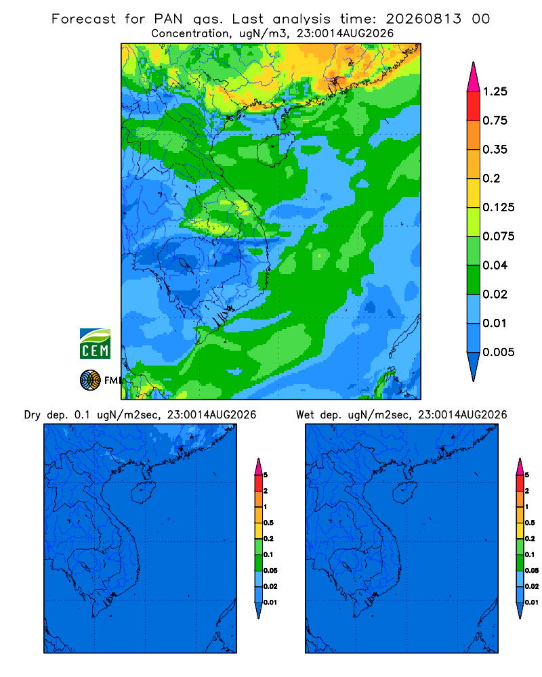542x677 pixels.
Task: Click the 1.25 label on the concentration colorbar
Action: click(495, 91)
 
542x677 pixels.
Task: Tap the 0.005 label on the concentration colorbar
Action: click(499, 352)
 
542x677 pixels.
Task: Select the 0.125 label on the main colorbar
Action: click(499, 208)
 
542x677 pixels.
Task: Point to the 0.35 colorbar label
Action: click(495, 150)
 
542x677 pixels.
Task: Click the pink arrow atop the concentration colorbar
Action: click(474, 77)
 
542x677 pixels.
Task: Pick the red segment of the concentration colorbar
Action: click(474, 106)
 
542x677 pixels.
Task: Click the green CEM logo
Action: click(95, 343)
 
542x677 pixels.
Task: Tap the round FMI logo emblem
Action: click(90, 380)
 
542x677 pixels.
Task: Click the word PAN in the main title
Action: click(168, 19)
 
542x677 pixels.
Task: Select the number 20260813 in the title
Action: click(423, 19)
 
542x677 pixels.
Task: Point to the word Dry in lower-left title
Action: click(33, 416)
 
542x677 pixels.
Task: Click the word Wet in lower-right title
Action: click(305, 415)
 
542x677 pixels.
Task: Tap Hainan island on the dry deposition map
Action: click(143, 493)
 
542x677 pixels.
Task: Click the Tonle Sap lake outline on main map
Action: click(186, 265)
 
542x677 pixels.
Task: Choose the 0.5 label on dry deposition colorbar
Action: click(268, 523)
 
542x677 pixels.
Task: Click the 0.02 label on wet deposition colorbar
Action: click(532, 586)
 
